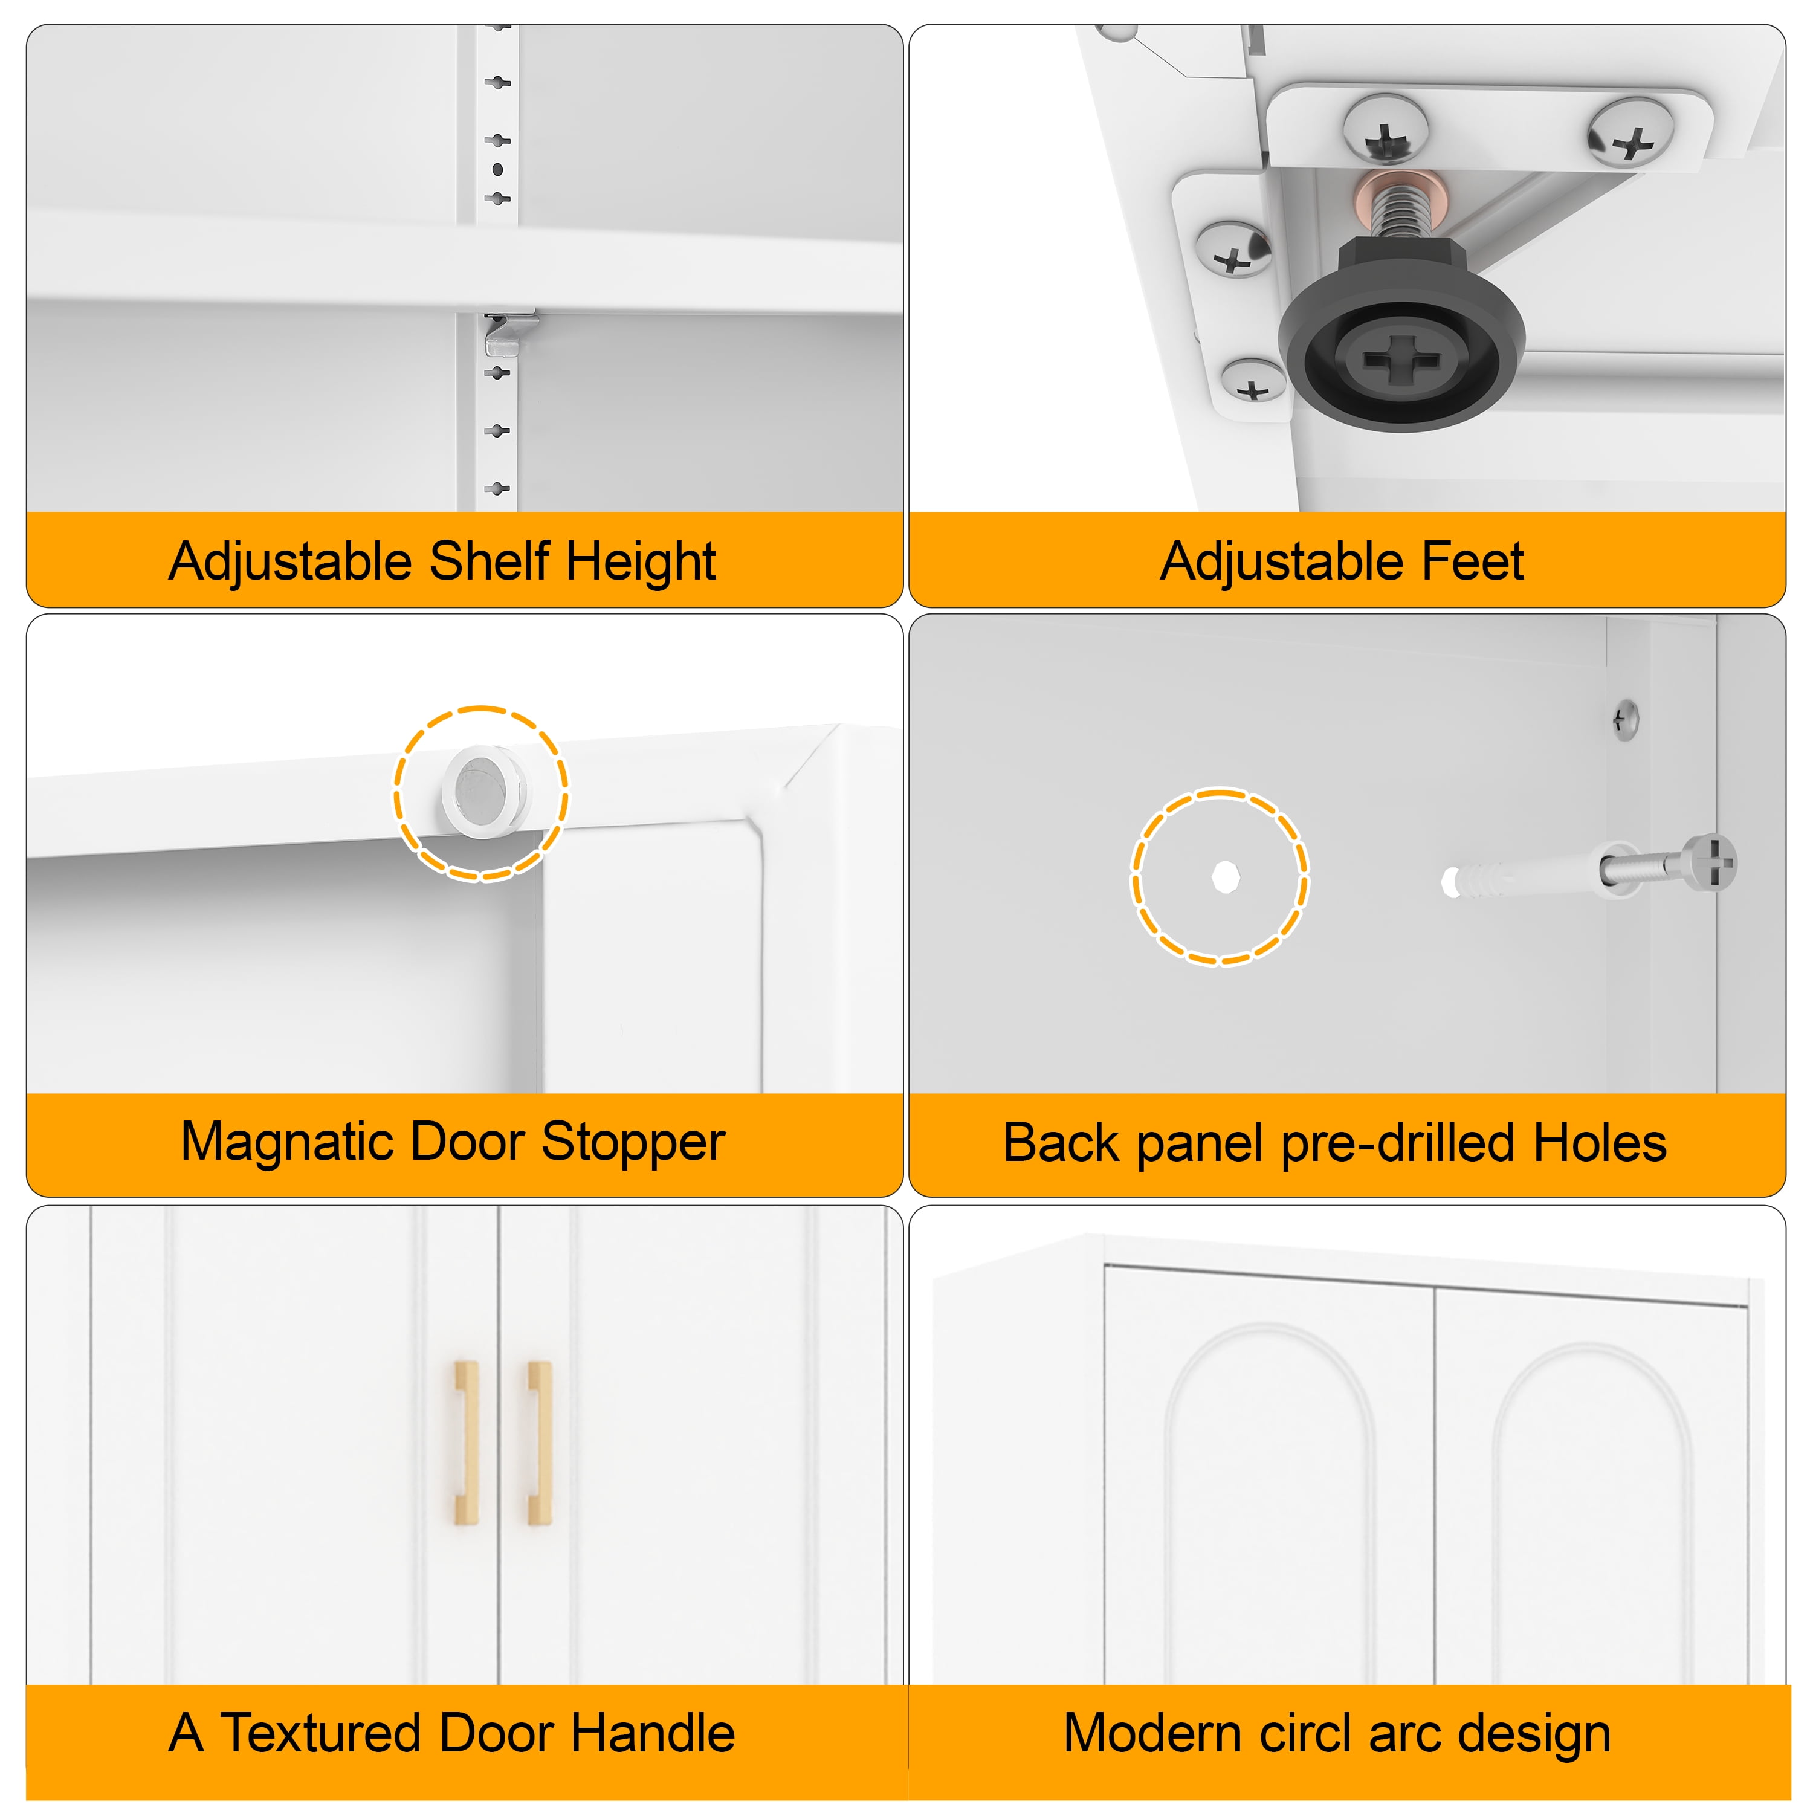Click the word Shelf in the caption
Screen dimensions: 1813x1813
489,561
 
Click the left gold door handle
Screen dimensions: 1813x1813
467,1443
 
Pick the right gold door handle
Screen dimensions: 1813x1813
540,1443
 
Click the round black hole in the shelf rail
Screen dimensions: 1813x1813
497,170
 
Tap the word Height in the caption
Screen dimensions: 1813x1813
641,561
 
